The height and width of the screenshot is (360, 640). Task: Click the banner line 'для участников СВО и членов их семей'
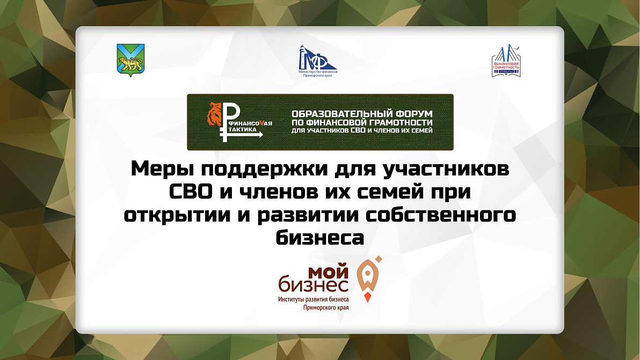tap(362, 130)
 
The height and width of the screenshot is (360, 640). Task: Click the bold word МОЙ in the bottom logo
tap(329, 271)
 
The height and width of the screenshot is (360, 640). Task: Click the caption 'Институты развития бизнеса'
tap(314, 300)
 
